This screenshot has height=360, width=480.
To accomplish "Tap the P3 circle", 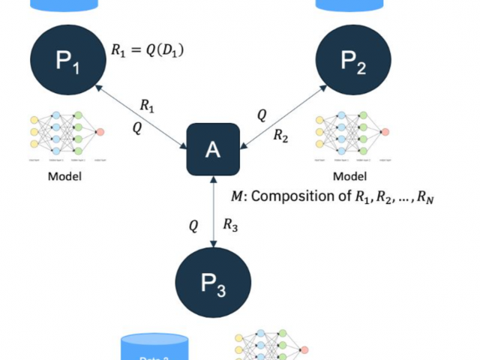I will coord(211,286).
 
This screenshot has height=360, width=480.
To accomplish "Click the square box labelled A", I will coord(213,150).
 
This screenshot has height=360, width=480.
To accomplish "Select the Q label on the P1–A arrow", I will coord(137,128).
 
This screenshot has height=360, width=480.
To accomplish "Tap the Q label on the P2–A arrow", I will coord(262,115).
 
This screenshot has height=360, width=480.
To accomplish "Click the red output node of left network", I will coord(100,133).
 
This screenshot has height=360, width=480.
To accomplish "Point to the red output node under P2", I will coord(385,133).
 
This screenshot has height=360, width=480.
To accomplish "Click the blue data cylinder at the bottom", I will coord(154,347).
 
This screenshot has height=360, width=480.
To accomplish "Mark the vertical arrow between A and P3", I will coord(214,213).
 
